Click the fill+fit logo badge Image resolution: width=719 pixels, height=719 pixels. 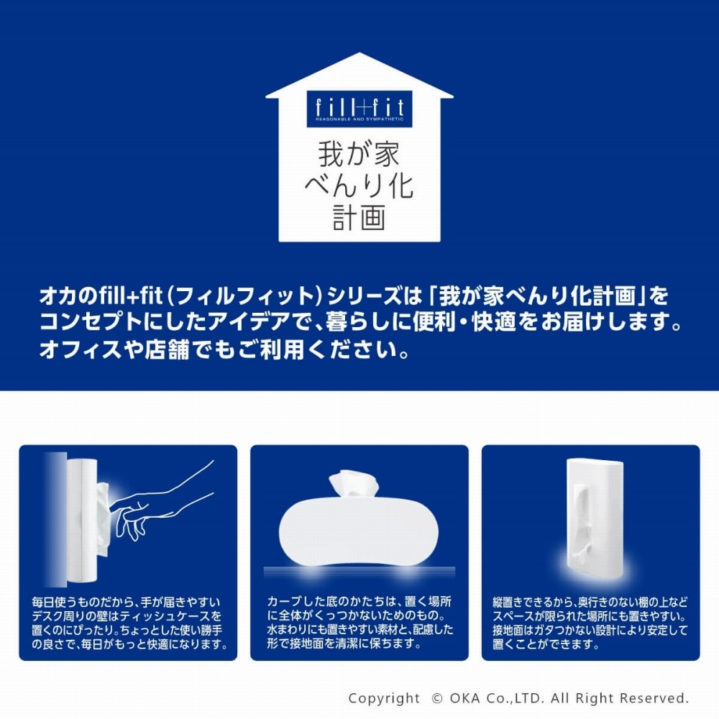click(x=359, y=109)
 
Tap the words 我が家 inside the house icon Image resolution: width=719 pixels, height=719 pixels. click(x=359, y=154)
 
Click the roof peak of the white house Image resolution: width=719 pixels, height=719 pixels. click(x=359, y=52)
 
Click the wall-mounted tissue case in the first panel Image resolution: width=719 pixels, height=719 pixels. click(x=82, y=521)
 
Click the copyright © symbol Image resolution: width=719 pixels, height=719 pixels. click(x=437, y=698)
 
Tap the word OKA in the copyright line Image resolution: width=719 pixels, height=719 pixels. click(x=464, y=698)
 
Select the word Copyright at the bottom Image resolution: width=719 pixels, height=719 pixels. click(x=384, y=699)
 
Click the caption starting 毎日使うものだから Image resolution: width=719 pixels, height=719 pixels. click(x=129, y=623)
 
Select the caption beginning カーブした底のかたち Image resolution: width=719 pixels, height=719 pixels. click(x=360, y=622)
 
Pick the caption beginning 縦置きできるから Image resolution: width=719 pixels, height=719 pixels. click(x=590, y=623)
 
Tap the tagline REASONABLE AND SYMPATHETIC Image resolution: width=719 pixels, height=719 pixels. click(x=359, y=119)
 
